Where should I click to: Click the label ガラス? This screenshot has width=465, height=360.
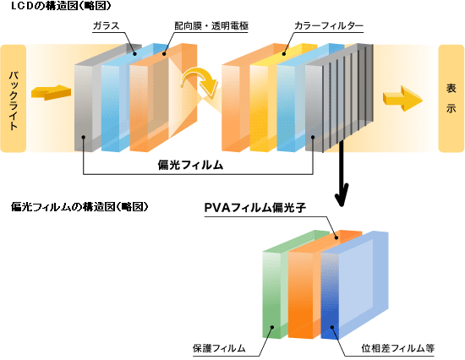pyautogui.click(x=107, y=26)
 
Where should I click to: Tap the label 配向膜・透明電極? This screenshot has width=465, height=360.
pyautogui.click(x=211, y=26)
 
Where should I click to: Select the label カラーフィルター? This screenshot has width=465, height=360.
pyautogui.click(x=329, y=26)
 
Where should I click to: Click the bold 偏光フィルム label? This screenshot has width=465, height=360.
pyautogui.click(x=190, y=165)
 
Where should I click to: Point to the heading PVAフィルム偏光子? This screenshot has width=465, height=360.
pyautogui.click(x=255, y=208)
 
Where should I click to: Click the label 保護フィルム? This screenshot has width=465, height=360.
pyautogui.click(x=219, y=348)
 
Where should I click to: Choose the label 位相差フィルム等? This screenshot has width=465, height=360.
pyautogui.click(x=397, y=348)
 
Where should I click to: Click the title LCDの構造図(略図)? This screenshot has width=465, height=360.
pyautogui.click(x=61, y=6)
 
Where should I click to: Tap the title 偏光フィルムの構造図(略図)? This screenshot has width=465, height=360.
pyautogui.click(x=79, y=207)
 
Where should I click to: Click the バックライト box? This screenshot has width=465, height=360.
pyautogui.click(x=14, y=99)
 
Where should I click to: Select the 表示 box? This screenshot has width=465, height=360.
pyautogui.click(x=451, y=99)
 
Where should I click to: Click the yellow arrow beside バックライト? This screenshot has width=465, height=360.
pyautogui.click(x=51, y=92)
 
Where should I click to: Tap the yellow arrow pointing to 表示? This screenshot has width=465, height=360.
pyautogui.click(x=402, y=99)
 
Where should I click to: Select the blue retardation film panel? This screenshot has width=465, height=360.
pyautogui.click(x=355, y=286)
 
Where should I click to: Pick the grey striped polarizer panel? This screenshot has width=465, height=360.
pyautogui.click(x=339, y=98)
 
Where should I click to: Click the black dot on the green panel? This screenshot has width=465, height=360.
pyautogui.click(x=272, y=327)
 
